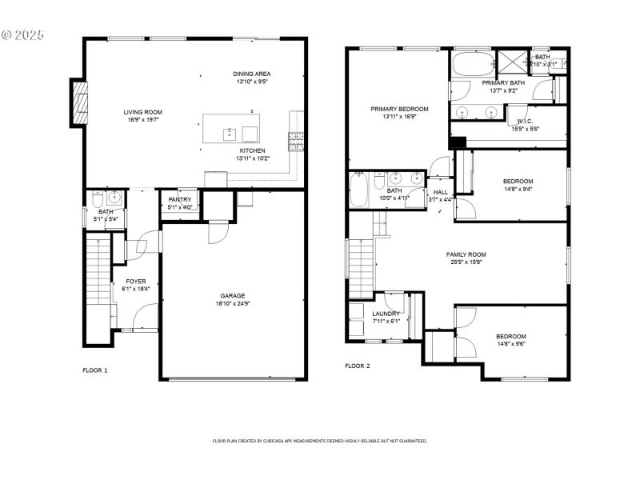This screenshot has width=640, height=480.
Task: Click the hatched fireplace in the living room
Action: tap(79, 102)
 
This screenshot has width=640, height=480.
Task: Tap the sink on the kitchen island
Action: tap(229, 132)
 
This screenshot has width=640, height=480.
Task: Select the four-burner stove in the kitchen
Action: tap(295, 142)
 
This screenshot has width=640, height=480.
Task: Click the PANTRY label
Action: tap(179, 200)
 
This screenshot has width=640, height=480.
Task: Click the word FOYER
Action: tap(135, 281)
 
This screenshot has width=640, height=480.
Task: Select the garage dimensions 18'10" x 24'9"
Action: tap(233, 303)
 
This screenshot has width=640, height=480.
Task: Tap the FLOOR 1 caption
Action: tap(94, 370)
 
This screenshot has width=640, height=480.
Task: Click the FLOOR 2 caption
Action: tap(357, 366)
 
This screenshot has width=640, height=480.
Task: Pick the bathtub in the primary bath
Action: tap(472, 63)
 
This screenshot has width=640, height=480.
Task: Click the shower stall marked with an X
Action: tap(510, 61)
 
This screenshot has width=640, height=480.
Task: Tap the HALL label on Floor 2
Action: tap(441, 192)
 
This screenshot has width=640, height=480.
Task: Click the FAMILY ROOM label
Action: tap(466, 254)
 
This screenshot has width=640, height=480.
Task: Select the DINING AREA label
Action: tap(251, 74)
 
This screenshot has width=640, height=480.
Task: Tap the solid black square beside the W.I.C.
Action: tap(457, 142)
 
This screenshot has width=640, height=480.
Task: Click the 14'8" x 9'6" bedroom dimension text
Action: tap(510, 344)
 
